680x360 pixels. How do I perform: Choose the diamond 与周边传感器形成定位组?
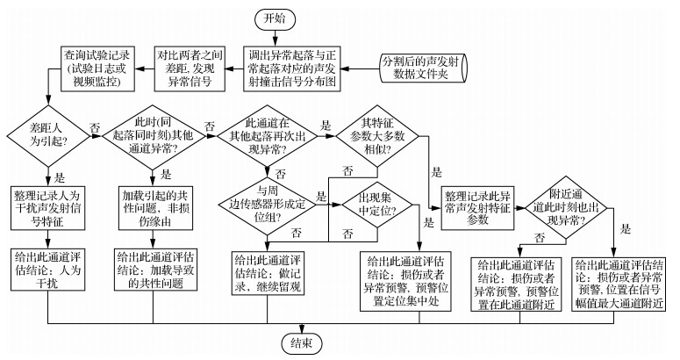[268, 202]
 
